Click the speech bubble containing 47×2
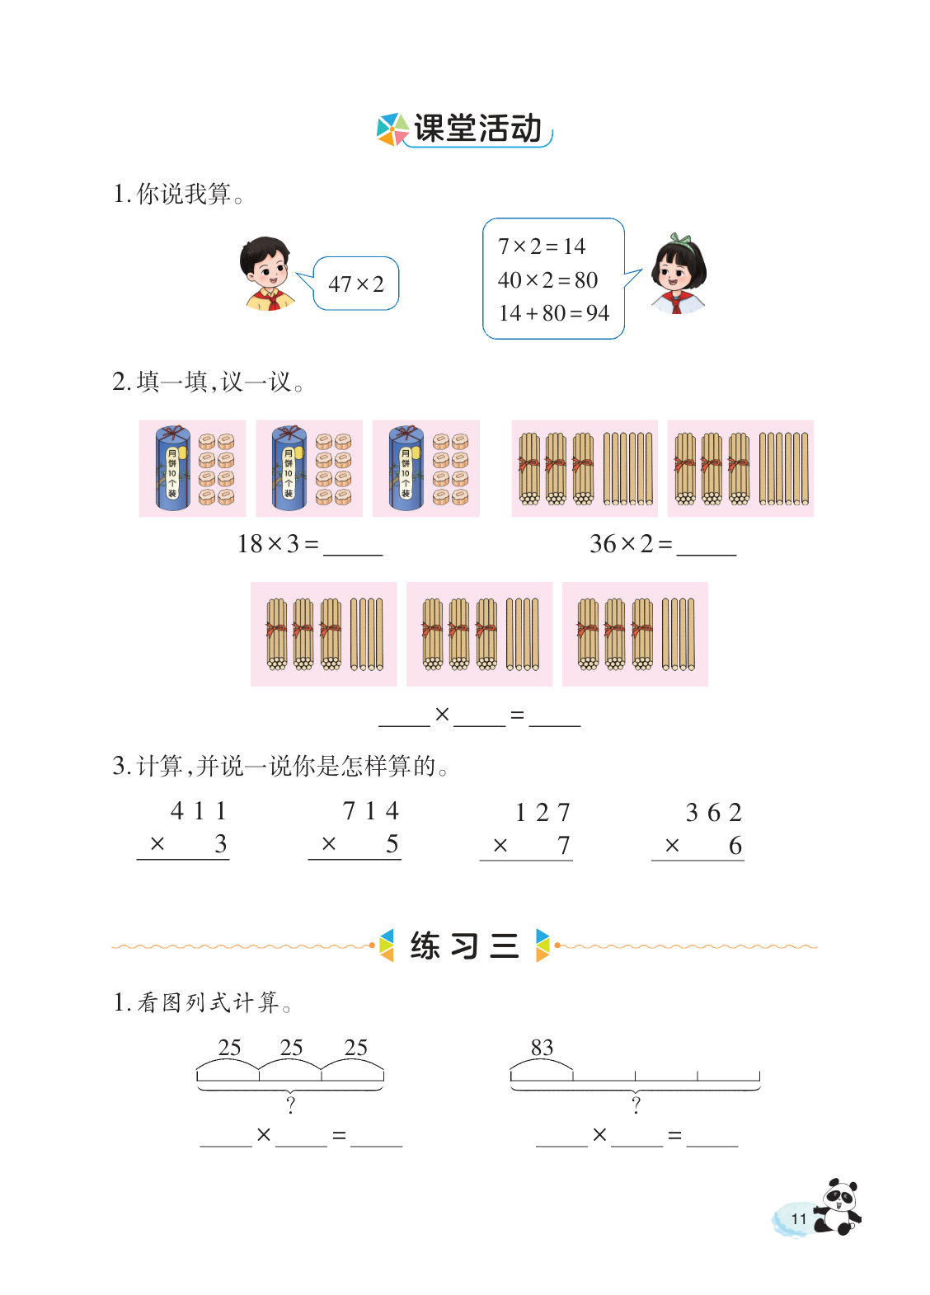(x=356, y=284)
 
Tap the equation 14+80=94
(x=553, y=313)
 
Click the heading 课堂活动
(x=477, y=129)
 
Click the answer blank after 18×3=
(x=353, y=547)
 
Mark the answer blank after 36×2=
(x=706, y=547)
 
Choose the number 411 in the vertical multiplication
(x=198, y=811)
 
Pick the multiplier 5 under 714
(x=392, y=844)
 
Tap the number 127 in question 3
(x=542, y=814)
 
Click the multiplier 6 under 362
(x=735, y=846)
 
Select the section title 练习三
(x=464, y=945)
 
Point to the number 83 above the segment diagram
(x=542, y=1048)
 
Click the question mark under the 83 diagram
(x=636, y=1105)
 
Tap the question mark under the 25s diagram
(x=290, y=1105)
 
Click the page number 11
(x=798, y=1219)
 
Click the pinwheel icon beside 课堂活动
(x=392, y=129)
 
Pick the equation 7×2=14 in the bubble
(x=542, y=246)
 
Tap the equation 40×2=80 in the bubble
(x=547, y=280)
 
